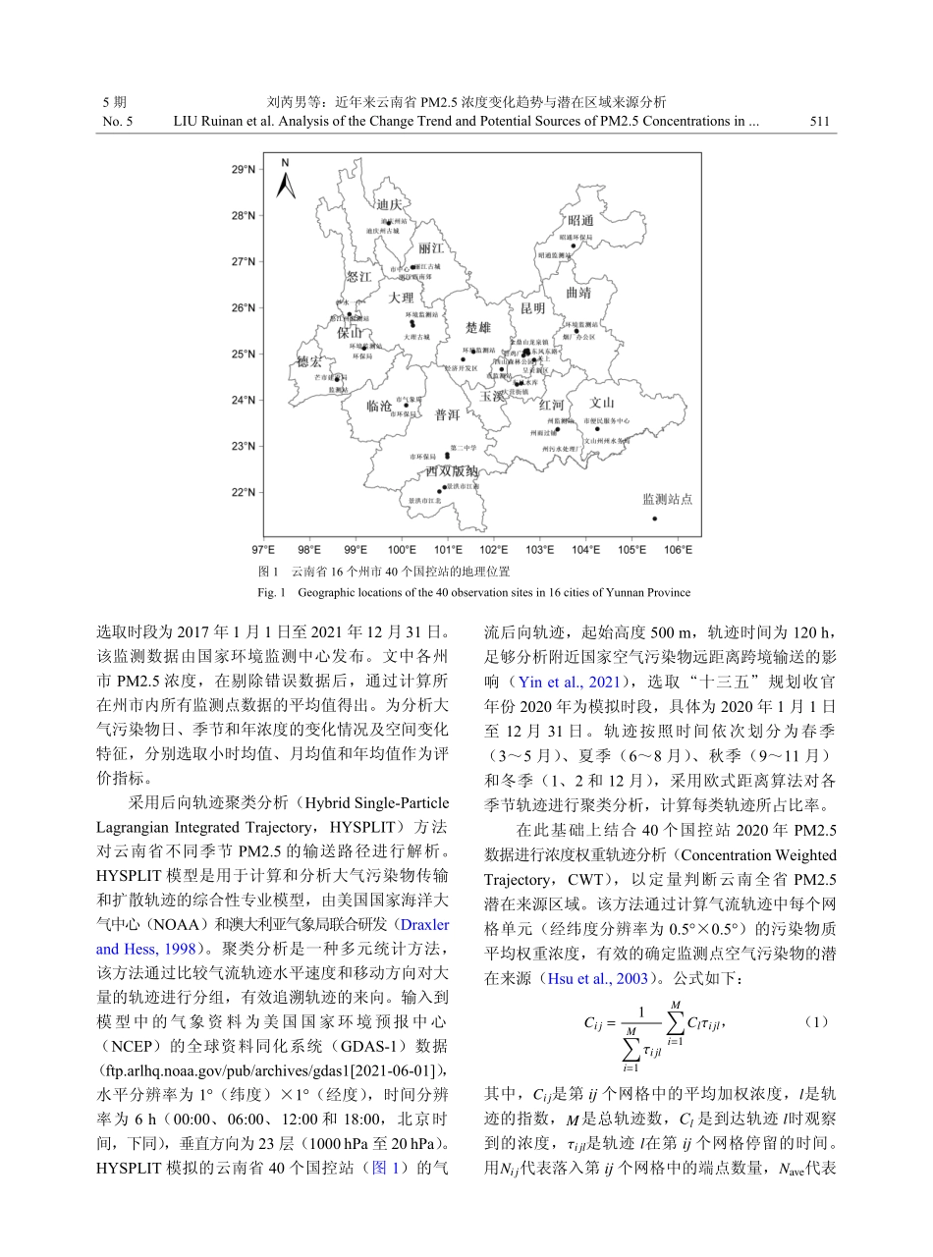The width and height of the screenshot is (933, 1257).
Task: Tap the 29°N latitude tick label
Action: click(241, 170)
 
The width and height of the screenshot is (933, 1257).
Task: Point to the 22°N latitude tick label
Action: click(241, 492)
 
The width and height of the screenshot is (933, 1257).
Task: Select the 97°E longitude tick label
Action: click(263, 549)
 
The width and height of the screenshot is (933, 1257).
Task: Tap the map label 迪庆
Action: click(389, 204)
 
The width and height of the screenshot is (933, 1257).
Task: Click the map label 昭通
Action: click(580, 220)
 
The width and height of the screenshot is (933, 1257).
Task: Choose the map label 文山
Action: click(601, 402)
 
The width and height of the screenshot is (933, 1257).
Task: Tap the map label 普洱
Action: click(447, 415)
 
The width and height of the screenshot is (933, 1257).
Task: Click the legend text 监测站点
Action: click(667, 499)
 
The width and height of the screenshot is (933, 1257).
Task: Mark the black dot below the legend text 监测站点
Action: click(655, 519)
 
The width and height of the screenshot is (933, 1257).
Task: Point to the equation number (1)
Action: click(817, 1020)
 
